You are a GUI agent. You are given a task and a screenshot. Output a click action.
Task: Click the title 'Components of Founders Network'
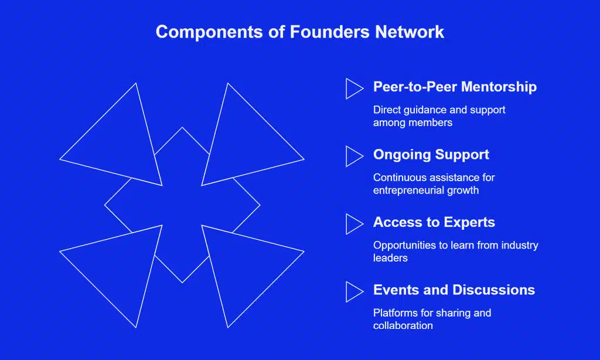(300, 32)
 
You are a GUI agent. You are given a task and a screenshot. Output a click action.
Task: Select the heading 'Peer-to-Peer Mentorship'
(455, 87)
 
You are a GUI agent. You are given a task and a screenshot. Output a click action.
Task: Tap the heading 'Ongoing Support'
(431, 155)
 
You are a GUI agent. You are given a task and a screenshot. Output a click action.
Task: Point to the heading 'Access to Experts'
(434, 223)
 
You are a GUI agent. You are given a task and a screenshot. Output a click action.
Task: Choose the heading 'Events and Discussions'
(454, 290)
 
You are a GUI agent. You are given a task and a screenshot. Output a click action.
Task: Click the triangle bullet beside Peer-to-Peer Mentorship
(353, 89)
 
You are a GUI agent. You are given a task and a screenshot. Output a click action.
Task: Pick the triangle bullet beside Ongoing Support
(353, 157)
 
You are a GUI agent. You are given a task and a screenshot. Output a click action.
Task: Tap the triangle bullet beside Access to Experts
(353, 224)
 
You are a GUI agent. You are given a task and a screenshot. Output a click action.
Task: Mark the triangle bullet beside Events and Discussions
(353, 291)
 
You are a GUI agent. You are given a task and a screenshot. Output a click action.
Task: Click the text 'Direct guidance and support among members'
(439, 116)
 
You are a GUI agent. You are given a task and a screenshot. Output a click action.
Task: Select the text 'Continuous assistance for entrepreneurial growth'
(434, 184)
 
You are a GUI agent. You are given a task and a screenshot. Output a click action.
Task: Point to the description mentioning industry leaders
(455, 251)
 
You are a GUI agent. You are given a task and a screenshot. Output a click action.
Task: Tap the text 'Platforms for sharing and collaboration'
(432, 319)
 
